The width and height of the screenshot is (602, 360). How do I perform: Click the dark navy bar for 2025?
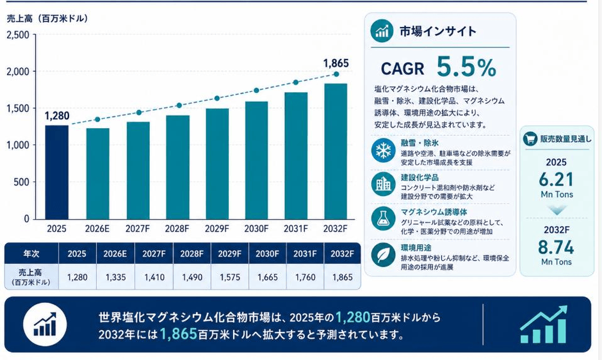click(57, 172)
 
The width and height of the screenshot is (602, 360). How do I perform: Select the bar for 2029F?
click(217, 164)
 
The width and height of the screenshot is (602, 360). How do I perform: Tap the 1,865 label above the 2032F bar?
click(336, 63)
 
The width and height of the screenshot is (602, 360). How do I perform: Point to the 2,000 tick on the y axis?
click(18, 72)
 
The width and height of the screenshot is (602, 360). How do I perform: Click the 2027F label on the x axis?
click(138, 229)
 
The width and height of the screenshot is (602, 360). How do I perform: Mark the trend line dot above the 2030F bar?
click(256, 91)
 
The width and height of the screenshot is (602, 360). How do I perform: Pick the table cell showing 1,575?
click(230, 277)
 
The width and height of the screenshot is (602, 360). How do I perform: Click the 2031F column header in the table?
click(305, 254)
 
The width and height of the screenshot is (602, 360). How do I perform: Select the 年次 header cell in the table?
click(31, 254)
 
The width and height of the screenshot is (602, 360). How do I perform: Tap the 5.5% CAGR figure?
click(466, 67)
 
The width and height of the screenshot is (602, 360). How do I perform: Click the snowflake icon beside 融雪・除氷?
click(384, 150)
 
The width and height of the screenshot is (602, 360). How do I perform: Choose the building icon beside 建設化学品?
click(384, 184)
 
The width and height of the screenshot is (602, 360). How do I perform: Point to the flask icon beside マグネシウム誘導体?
click(384, 218)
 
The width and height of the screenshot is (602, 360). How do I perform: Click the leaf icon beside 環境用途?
click(384, 255)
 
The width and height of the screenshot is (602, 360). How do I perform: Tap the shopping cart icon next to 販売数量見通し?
click(530, 139)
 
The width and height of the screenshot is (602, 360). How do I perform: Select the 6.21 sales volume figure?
click(557, 179)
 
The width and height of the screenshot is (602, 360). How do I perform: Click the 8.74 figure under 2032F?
click(556, 247)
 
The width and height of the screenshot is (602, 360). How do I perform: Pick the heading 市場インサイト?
click(437, 31)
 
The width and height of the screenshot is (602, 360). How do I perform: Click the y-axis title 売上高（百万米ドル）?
click(47, 19)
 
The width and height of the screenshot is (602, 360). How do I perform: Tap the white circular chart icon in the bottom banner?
click(45, 324)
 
